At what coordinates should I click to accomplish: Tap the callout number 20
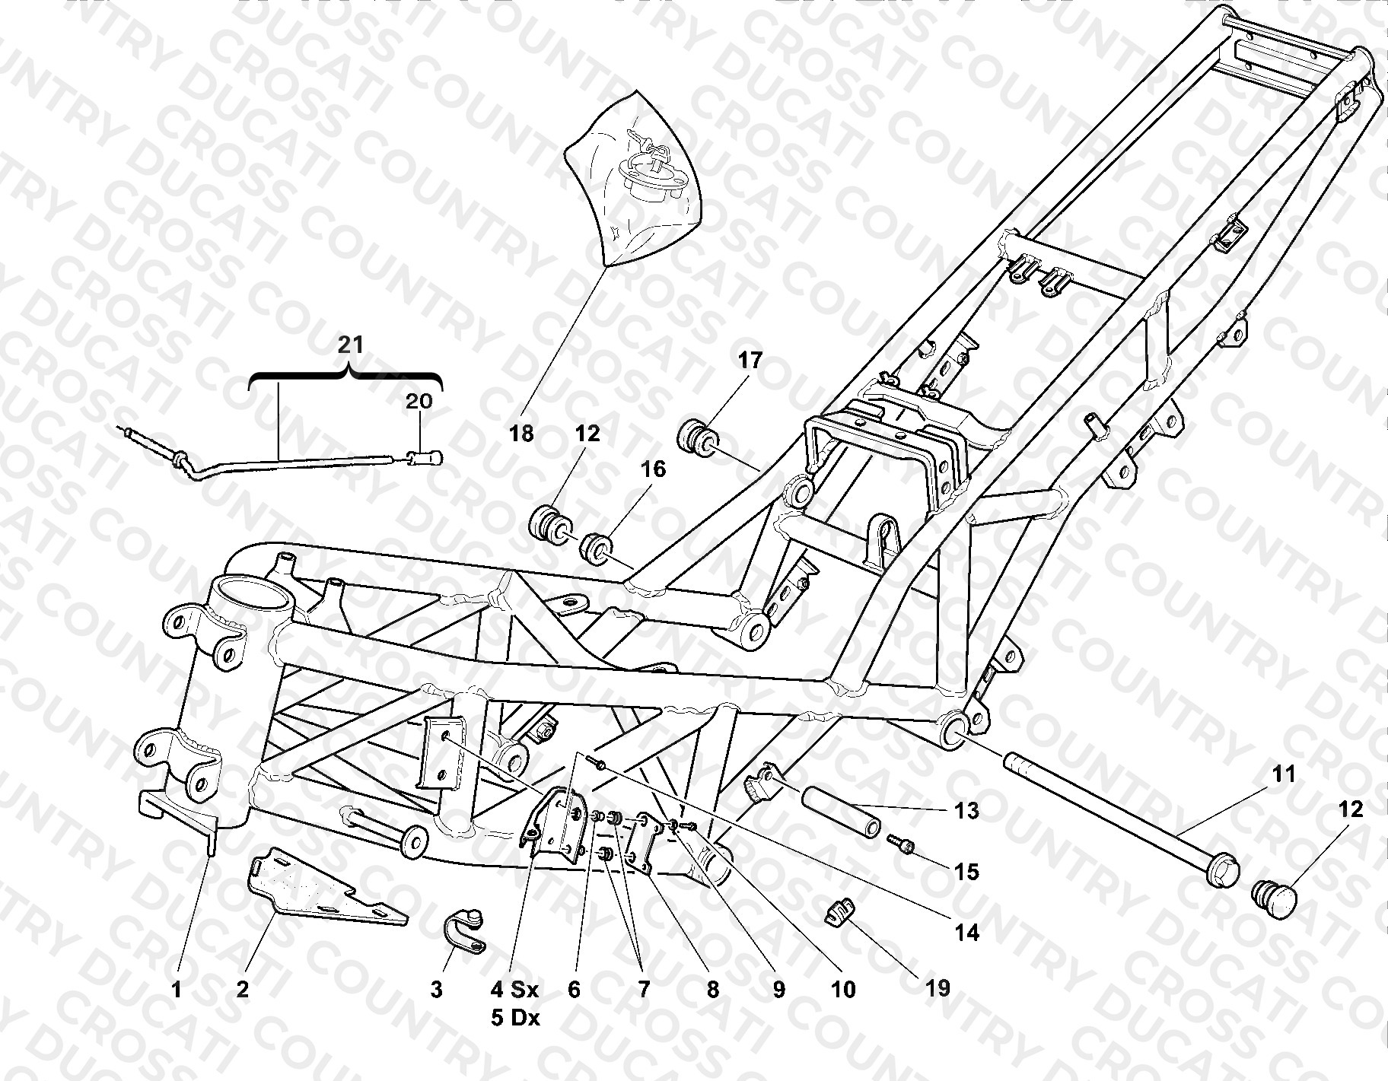[418, 400]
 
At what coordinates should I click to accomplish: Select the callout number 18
[522, 434]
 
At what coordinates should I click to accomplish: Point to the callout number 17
[750, 360]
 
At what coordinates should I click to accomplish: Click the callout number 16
[653, 469]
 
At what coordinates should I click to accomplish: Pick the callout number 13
[966, 812]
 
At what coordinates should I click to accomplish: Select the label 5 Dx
[515, 1018]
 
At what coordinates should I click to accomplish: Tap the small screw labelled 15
[902, 844]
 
